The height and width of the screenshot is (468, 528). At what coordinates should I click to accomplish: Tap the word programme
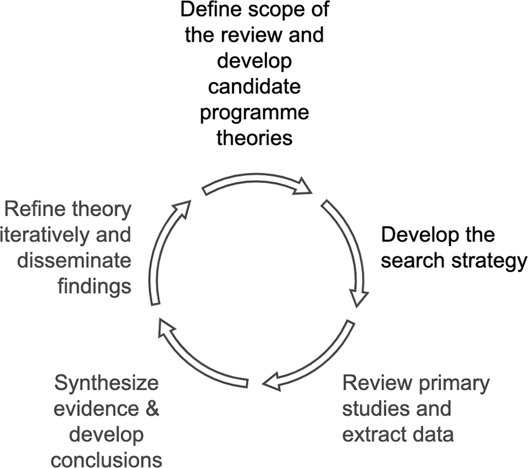pyautogui.click(x=255, y=112)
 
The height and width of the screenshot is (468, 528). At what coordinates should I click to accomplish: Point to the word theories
pyautogui.click(x=255, y=137)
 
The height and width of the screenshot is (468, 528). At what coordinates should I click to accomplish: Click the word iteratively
pyautogui.click(x=40, y=235)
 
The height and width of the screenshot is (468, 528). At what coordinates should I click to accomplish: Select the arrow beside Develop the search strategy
pyautogui.click(x=349, y=254)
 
